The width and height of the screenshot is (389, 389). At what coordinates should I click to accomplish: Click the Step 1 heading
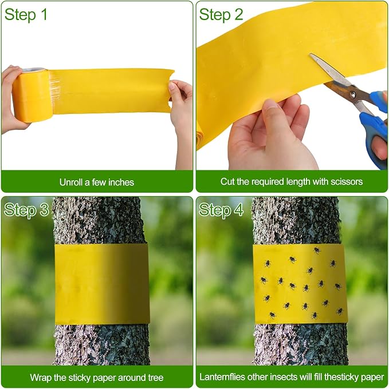tap(26, 15)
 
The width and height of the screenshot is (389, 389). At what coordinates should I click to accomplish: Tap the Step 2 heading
tap(221, 15)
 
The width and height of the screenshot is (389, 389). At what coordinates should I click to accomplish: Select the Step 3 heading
tap(26, 211)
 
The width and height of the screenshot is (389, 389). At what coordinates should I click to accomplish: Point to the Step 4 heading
tap(221, 211)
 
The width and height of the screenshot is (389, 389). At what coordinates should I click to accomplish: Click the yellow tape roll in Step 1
tap(32, 95)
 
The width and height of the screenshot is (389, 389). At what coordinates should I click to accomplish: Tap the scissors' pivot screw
tap(352, 94)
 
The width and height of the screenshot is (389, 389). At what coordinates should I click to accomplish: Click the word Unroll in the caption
tap(71, 182)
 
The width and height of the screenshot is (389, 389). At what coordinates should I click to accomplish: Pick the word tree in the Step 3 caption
tap(156, 378)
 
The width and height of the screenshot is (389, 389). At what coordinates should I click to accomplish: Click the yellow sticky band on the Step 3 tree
tap(102, 284)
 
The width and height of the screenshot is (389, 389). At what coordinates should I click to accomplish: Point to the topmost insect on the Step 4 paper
tap(317, 251)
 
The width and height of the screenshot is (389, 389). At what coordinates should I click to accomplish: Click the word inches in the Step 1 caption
tap(121, 182)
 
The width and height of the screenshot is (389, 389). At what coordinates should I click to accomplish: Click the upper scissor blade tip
tap(311, 54)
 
